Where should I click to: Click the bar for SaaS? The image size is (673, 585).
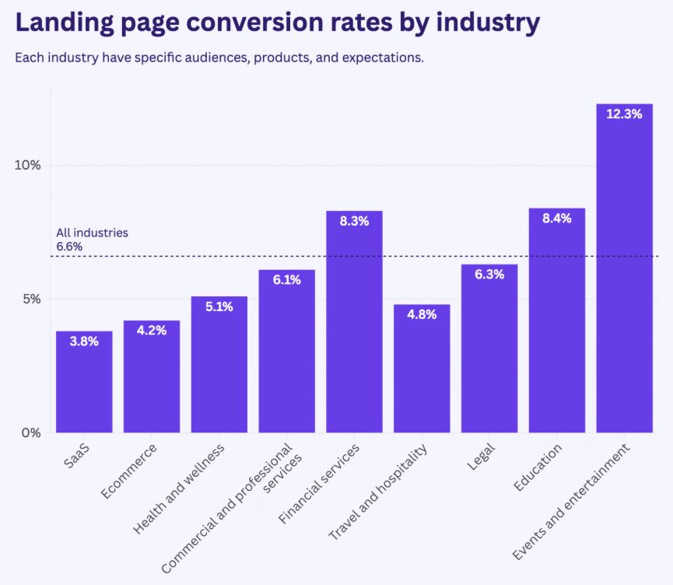coord(84,381)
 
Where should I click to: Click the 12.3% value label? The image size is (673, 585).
coord(624,114)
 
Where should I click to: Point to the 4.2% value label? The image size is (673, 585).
coord(151,330)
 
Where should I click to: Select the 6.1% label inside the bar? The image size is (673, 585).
coord(286,280)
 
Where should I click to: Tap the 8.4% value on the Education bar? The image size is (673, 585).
coord(556,219)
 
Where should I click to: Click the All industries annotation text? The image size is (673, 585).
coord(92,233)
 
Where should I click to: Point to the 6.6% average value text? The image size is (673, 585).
coord(69,247)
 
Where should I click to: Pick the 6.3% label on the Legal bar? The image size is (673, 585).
coord(489,274)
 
